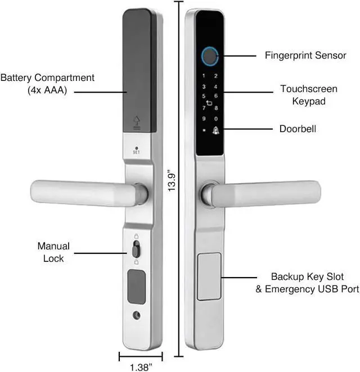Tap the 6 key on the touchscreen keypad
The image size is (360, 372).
point(215,94)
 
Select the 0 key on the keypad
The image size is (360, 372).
point(216,119)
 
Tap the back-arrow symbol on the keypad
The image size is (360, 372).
point(209,103)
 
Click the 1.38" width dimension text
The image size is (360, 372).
point(141,367)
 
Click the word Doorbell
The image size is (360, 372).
point(298,129)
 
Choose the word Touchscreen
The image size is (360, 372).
point(309,89)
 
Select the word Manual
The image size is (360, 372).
point(53,246)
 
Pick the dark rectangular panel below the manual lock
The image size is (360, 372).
point(136,287)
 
